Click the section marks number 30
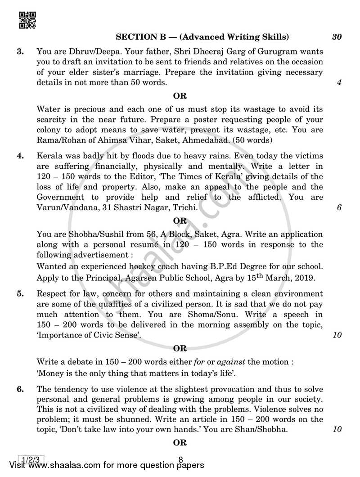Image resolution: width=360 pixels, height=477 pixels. (x=337, y=37)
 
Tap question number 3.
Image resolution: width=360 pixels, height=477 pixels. (x=20, y=52)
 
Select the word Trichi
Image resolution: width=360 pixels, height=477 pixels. (x=184, y=207)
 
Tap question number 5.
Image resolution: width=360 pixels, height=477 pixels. (x=20, y=294)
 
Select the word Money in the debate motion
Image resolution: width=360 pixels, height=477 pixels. (x=51, y=373)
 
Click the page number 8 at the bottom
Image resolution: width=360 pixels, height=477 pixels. (x=180, y=459)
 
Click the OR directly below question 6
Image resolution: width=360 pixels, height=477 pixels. (x=180, y=443)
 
